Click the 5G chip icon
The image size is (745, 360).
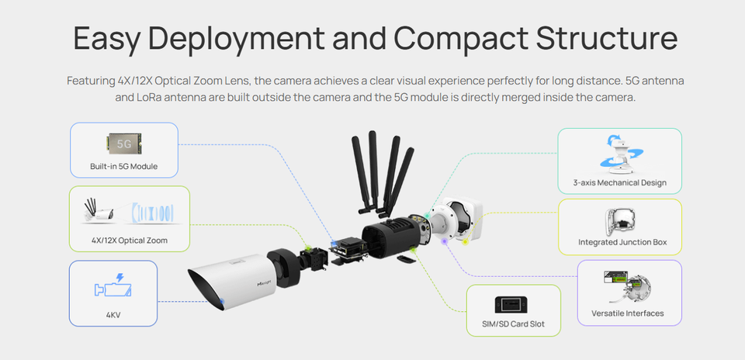click(123, 143)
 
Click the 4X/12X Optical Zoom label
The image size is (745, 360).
click(129, 241)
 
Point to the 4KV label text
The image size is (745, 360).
click(113, 315)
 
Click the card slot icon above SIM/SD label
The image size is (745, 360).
click(513, 303)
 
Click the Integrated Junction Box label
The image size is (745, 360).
click(622, 242)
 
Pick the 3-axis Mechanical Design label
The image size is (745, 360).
click(619, 183)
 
